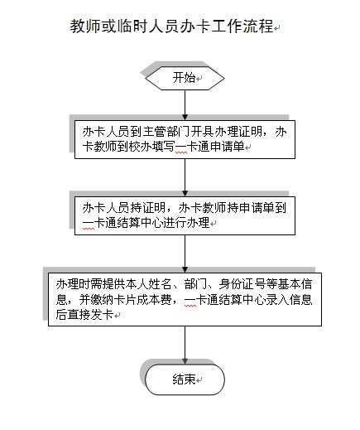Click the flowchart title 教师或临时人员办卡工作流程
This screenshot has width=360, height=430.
tap(171, 27)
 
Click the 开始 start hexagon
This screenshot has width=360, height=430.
tap(185, 78)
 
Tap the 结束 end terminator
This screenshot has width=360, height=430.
tap(185, 379)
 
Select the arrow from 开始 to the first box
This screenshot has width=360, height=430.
tap(185, 105)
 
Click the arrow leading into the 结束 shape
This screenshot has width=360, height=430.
tap(185, 345)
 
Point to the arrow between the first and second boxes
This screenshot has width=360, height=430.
tap(185, 177)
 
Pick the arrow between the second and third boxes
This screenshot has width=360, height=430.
tap(185, 254)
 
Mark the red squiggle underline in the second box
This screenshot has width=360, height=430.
tap(89, 229)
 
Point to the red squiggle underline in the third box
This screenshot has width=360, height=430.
tap(190, 306)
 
